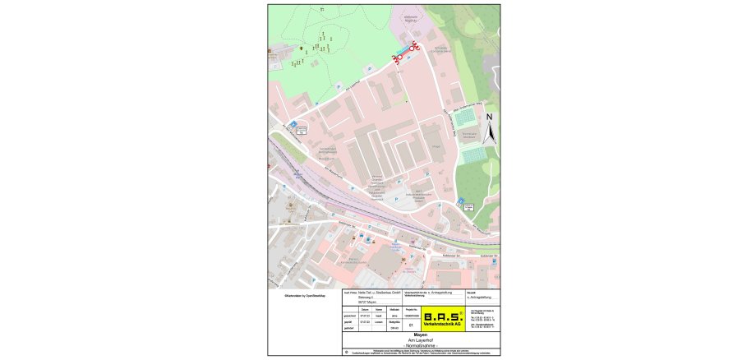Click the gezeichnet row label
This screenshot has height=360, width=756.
349,316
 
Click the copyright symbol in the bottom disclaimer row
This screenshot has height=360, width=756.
347,352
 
